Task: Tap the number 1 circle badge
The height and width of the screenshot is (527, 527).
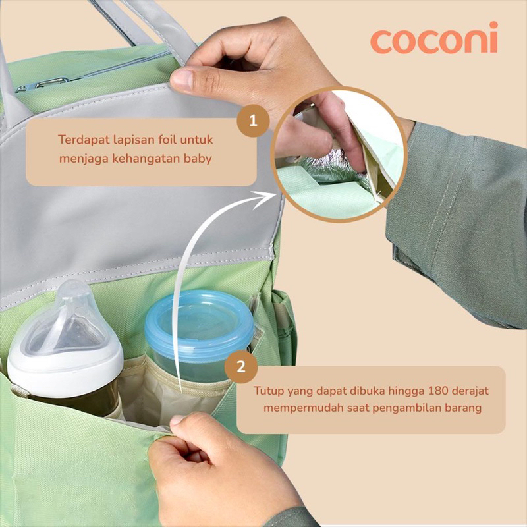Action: pos(253,121)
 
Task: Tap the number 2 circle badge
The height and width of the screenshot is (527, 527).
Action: pos(241,366)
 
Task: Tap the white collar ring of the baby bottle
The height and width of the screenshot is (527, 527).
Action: pos(65,368)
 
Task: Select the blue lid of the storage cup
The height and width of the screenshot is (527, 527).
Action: pos(200,321)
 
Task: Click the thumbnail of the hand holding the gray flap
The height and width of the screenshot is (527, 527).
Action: pos(182,80)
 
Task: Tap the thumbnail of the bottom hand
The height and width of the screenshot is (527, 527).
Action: pos(177,420)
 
